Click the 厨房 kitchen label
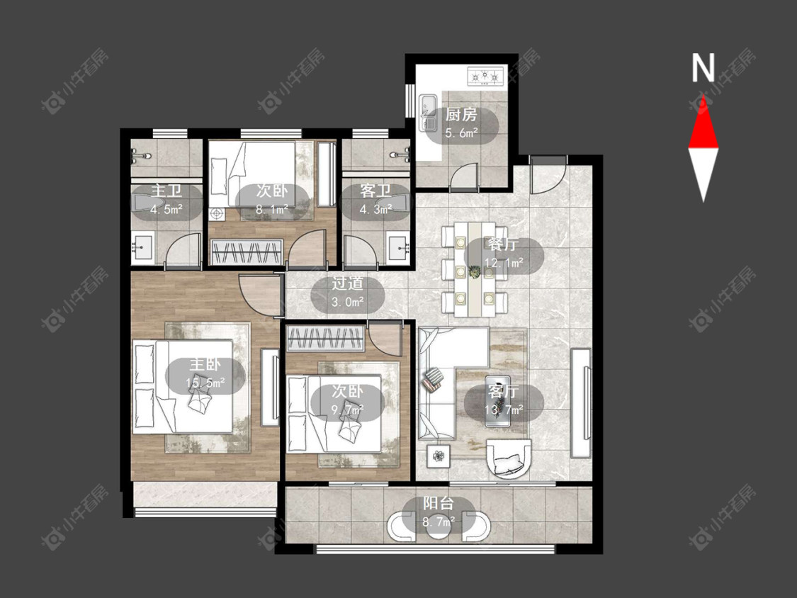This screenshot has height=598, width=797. (x=461, y=115)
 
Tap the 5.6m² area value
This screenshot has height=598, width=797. (x=461, y=133)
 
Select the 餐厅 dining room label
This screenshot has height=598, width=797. (x=504, y=244)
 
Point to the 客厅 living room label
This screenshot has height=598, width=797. (x=504, y=391)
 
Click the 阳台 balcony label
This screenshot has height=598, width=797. (x=439, y=504)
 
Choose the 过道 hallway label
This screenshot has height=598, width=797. (x=348, y=283)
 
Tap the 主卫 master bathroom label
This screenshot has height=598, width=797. (x=166, y=191)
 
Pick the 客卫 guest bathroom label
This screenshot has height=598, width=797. (x=375, y=191)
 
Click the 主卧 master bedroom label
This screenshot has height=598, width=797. (x=205, y=365)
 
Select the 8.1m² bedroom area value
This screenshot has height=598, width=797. (x=272, y=209)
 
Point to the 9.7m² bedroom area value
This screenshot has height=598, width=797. (x=348, y=410)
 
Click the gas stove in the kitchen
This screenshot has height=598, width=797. (x=485, y=76)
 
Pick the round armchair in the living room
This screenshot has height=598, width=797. (x=509, y=458)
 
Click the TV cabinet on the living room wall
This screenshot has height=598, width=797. (x=581, y=403)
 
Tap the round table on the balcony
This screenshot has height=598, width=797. (x=439, y=526)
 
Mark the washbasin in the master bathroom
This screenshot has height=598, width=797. (x=142, y=249)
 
